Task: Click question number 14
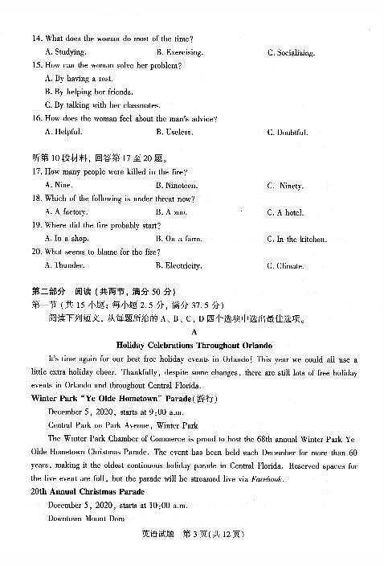coord(36,39)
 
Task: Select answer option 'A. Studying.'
coord(67,52)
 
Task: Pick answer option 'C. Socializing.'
coord(291,53)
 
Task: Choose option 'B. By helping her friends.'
coord(89,92)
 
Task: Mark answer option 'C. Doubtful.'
coord(287,132)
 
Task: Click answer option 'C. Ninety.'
coord(285,186)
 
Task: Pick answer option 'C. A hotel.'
coord(286,212)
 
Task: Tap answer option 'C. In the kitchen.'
coord(296,239)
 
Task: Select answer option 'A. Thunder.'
coord(66,265)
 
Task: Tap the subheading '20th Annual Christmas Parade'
coord(80,491)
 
